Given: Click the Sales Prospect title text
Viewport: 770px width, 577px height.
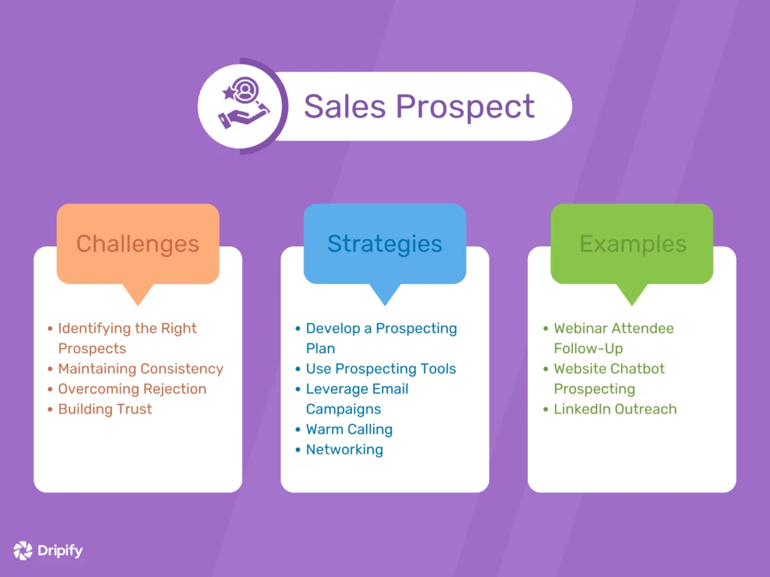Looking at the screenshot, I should (x=419, y=106).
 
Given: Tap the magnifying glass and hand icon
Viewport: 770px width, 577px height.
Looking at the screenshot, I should (x=242, y=107).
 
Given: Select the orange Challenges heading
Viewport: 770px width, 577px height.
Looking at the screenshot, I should (x=138, y=243).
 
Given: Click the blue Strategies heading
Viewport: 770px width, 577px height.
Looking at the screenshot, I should (x=384, y=243).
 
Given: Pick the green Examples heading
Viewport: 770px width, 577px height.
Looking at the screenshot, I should (x=632, y=243).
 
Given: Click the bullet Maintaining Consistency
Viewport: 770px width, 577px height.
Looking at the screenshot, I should (x=141, y=369).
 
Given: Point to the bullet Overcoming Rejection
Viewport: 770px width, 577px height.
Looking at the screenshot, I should (x=132, y=389).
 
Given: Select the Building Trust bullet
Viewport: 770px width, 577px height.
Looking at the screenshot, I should (x=105, y=409).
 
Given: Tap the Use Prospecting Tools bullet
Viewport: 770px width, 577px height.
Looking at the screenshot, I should (x=380, y=369).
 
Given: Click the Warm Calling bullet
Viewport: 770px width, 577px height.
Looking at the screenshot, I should (x=349, y=430).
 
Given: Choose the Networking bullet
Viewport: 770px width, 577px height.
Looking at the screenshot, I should (x=344, y=450).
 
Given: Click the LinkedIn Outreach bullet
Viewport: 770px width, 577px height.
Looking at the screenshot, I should (x=615, y=409).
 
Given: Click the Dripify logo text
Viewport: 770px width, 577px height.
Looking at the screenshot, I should (x=60, y=551).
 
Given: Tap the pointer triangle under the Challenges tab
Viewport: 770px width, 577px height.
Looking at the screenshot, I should (x=138, y=295).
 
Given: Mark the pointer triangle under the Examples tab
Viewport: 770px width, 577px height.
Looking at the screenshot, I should (x=632, y=295).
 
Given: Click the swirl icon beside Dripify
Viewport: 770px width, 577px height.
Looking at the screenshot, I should (x=23, y=551).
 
